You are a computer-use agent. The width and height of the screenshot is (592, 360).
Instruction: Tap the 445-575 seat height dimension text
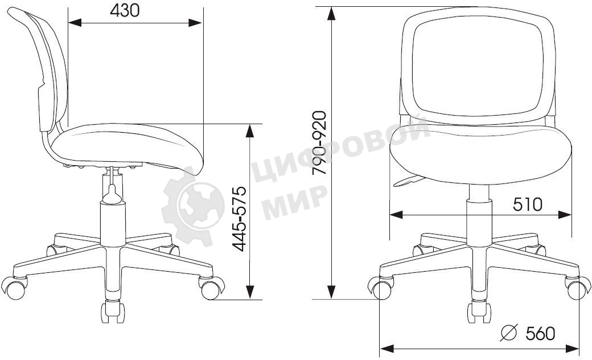tap(240, 219)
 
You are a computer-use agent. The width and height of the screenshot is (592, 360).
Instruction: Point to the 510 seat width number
tap(528, 204)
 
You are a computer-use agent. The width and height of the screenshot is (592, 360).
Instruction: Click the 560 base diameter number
tap(540, 333)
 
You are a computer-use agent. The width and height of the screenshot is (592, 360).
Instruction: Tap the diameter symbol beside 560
tap(508, 333)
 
